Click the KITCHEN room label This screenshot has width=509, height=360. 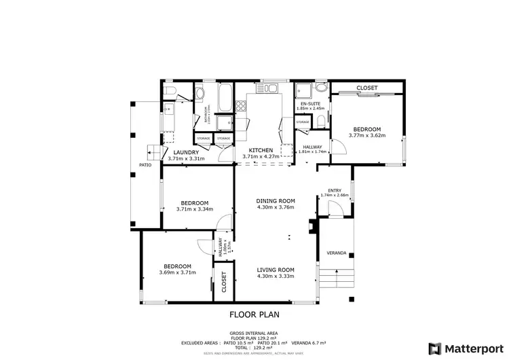[x=261, y=150]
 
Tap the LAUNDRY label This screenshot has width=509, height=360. [x=185, y=152]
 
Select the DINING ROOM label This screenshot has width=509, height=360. [x=276, y=200]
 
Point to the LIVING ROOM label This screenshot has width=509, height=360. [x=276, y=268]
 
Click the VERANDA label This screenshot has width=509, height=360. [x=337, y=253]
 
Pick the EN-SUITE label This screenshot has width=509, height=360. [x=311, y=103]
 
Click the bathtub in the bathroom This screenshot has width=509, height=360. [x=224, y=99]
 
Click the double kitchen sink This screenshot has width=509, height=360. [x=271, y=88]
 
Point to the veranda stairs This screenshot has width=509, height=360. [x=337, y=278]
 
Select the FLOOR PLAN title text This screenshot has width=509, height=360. [x=254, y=314]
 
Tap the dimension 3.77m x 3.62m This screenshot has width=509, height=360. [x=366, y=135]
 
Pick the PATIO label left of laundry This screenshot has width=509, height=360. [x=145, y=165]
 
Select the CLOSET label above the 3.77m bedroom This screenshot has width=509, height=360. [x=367, y=88]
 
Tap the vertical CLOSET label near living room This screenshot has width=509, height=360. [x=224, y=283]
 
